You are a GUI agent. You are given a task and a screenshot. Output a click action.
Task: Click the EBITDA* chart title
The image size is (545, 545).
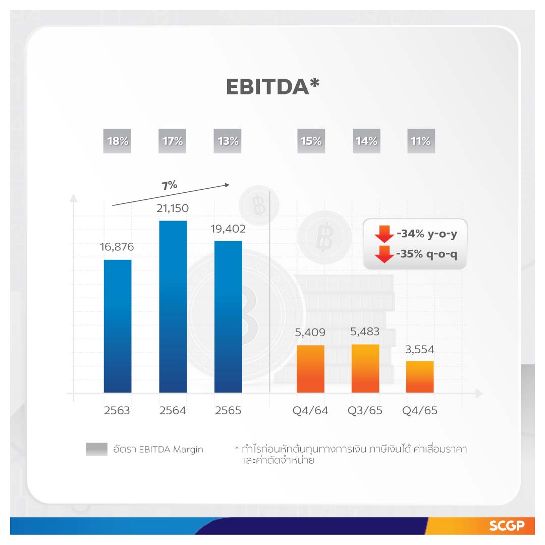(272, 87)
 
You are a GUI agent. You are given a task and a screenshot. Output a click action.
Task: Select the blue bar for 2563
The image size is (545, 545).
(118, 326)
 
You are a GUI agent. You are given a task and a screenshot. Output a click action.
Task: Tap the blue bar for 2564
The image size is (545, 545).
(173, 306)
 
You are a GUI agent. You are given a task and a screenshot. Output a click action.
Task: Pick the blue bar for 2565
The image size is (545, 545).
(228, 316)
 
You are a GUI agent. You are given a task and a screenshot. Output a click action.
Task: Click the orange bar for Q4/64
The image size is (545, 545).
(310, 369)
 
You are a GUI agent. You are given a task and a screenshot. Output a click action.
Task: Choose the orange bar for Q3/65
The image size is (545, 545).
(365, 368)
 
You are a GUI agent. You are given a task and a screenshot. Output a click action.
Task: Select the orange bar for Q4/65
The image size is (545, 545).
(420, 376)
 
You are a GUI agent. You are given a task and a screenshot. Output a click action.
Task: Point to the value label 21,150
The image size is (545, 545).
(173, 209)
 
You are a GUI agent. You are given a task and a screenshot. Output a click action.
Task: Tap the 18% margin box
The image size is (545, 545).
(118, 141)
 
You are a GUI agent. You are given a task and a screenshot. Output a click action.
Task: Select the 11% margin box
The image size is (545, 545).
(420, 141)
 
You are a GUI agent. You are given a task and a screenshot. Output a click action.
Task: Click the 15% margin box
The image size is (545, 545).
(310, 141)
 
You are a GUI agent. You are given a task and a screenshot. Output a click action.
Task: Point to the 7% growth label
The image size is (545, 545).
(170, 185)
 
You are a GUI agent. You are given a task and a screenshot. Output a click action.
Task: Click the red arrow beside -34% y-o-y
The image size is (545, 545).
(384, 234)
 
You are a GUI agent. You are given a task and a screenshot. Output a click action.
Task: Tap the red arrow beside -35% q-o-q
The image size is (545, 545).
(384, 254)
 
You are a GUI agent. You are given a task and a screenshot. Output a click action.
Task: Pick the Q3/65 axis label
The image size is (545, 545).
(365, 410)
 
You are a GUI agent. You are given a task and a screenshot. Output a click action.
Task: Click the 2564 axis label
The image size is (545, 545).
(173, 410)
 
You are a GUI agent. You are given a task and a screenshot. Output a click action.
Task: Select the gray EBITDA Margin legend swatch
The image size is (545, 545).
(96, 449)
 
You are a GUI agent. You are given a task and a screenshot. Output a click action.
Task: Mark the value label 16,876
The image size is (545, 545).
(118, 248)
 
